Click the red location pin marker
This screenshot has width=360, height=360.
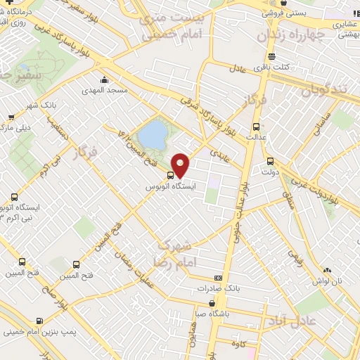tap(181, 165)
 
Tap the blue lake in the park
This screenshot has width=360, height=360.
tap(150, 134)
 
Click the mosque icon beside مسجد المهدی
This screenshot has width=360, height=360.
tap(105, 79)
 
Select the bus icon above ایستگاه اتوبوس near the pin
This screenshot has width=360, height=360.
tap(170, 175)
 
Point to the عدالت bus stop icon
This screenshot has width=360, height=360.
tap(255, 127)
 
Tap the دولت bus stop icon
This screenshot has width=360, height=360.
tap(270, 160)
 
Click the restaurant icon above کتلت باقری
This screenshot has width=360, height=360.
tap(271, 57)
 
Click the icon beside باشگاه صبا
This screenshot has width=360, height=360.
tap(212, 304)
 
